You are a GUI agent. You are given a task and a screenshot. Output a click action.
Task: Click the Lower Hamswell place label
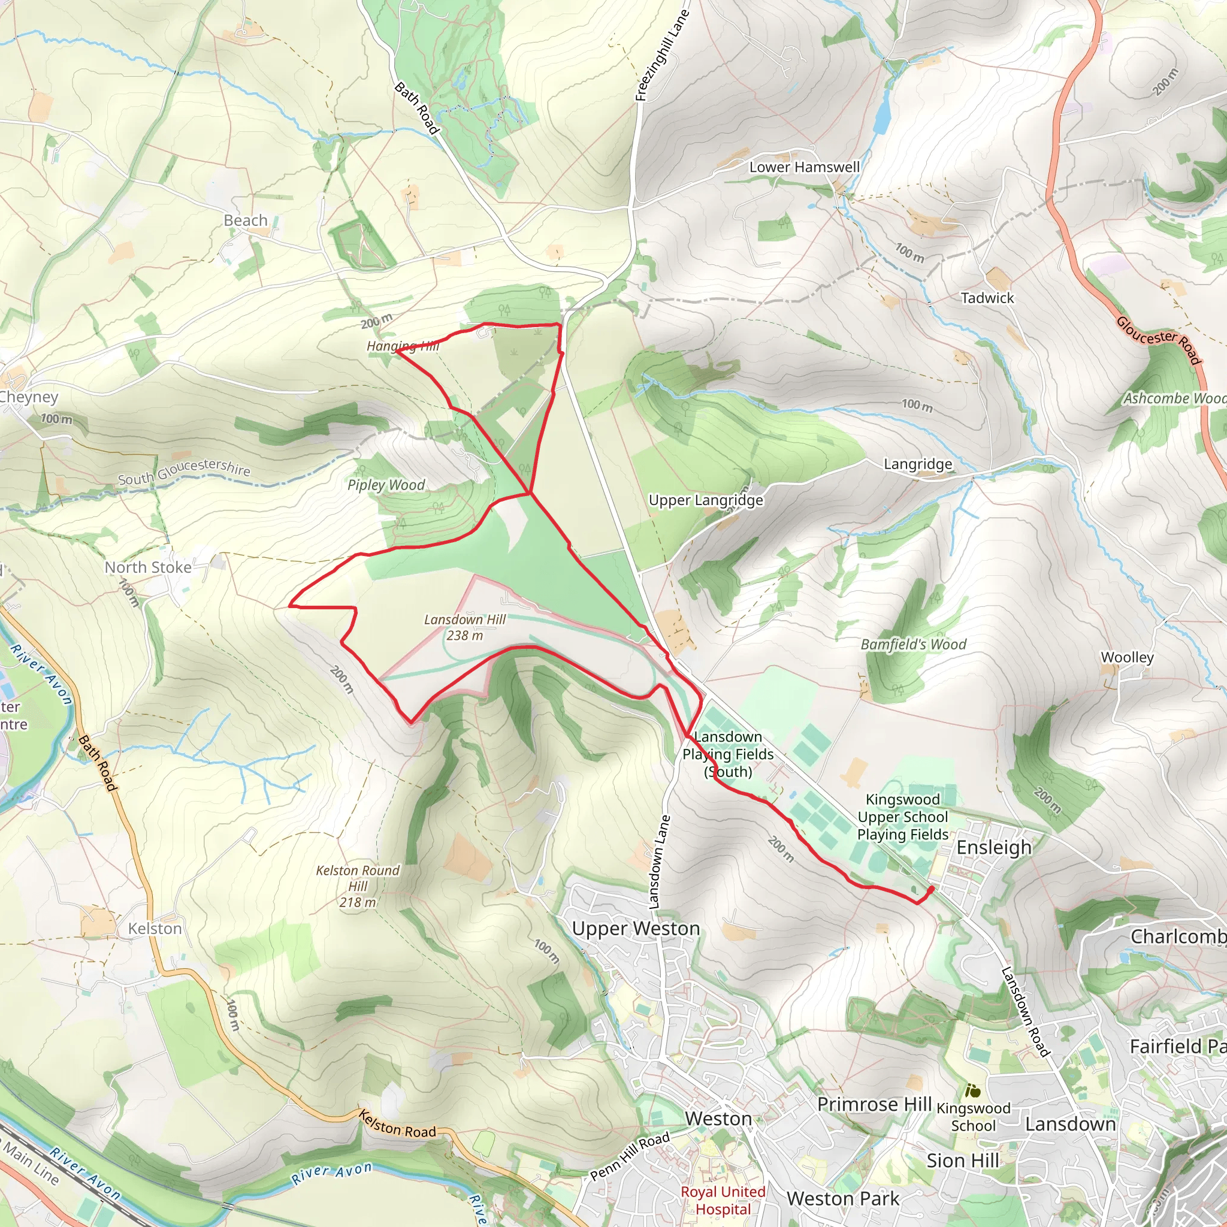pos(804,167)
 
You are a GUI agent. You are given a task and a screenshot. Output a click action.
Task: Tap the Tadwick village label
pos(987,298)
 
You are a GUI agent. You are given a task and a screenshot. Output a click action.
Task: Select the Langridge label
pos(918,464)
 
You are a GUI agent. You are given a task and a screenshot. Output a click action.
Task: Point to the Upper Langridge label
pos(706,500)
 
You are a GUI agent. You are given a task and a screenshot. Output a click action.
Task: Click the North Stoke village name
pos(148,567)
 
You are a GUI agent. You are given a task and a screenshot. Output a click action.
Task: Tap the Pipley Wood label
pos(385,485)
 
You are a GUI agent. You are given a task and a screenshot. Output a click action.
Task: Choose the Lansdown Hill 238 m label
pos(464,627)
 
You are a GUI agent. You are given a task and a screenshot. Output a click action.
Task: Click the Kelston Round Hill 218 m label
pos(358,886)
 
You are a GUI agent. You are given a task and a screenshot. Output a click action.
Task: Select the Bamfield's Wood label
pos(913,645)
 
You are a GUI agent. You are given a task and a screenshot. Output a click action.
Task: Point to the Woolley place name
pos(1127,657)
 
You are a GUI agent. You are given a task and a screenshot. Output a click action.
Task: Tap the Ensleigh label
pos(994,847)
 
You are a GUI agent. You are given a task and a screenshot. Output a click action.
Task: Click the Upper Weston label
pos(636,929)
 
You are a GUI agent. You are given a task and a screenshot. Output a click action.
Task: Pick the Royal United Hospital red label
pos(723,1200)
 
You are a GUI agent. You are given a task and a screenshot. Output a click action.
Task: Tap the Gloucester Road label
pos(1159,340)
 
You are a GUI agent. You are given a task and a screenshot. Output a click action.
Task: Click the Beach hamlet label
pos(245,220)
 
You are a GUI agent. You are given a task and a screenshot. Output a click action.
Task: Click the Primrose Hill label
pos(874,1104)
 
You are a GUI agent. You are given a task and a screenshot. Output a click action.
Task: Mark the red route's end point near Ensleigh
pos(931,889)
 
